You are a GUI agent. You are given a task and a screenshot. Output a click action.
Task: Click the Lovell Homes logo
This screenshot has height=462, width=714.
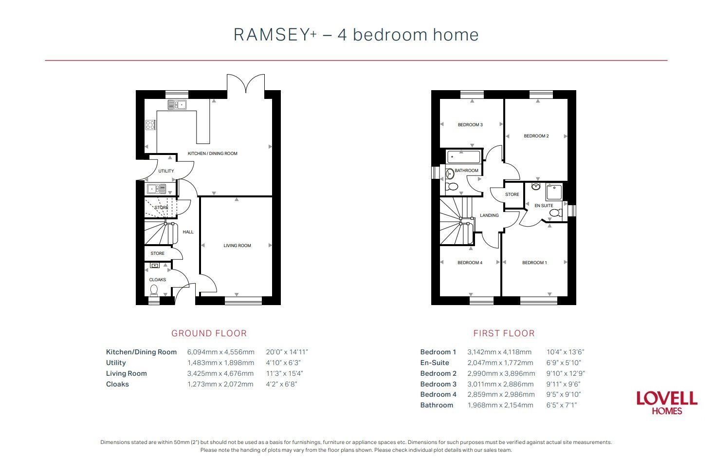[667, 402]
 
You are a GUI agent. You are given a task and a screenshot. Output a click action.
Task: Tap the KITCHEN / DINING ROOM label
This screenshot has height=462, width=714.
[213, 154]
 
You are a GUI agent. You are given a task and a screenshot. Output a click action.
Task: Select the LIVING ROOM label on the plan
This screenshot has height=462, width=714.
[237, 246]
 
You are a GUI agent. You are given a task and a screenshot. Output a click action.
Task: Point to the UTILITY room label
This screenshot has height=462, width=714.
[166, 171]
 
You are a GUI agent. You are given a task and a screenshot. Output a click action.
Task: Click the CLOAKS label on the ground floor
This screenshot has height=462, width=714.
[157, 280]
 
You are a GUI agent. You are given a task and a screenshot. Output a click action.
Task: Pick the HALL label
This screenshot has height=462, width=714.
[188, 232]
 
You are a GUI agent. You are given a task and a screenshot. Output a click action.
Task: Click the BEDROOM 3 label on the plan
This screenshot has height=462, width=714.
[470, 125]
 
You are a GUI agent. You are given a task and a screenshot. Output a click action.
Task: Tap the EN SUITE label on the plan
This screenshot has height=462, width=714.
[544, 206]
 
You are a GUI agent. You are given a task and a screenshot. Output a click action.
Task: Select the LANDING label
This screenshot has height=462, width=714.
[489, 215]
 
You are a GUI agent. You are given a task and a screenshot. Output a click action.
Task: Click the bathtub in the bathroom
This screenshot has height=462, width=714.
[463, 157]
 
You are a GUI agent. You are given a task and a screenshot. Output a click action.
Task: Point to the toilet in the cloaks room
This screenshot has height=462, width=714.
[154, 290]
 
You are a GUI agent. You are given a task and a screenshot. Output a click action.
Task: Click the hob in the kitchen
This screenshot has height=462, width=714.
[150, 125]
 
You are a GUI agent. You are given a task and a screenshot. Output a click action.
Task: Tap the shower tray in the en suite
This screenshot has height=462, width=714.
[554, 192]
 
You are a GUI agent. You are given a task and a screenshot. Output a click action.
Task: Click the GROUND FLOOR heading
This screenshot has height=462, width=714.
[209, 333]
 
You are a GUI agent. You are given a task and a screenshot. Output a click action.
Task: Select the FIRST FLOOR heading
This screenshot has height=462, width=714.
[504, 333]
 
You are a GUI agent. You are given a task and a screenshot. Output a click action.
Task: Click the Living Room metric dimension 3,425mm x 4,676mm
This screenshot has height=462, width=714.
[220, 374]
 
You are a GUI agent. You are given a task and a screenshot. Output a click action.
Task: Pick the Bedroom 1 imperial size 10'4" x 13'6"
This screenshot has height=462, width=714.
[565, 352]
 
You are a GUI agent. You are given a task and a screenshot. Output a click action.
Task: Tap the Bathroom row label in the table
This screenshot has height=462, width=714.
[437, 405]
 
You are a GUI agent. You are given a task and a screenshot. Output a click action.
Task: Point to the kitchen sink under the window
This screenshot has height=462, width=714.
[177, 105]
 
